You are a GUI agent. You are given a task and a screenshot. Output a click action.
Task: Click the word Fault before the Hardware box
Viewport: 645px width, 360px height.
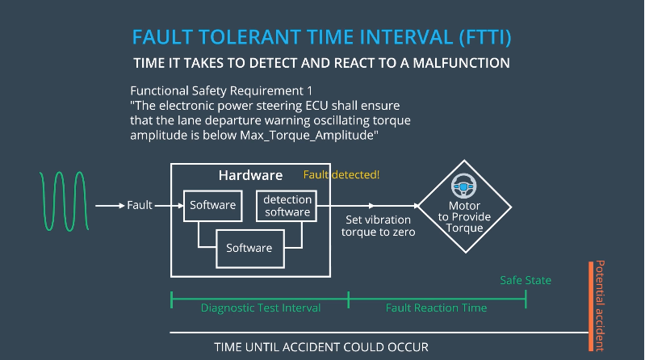(x=140, y=205)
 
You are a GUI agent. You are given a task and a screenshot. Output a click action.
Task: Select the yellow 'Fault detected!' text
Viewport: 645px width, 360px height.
(x=341, y=175)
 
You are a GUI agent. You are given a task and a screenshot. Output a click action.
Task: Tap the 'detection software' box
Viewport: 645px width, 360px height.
(x=287, y=206)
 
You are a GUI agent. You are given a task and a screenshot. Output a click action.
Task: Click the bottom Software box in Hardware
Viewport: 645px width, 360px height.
(x=249, y=247)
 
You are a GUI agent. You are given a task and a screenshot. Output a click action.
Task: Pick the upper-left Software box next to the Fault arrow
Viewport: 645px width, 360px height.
(x=212, y=205)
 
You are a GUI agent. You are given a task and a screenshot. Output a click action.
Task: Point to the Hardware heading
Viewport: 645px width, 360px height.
(x=250, y=175)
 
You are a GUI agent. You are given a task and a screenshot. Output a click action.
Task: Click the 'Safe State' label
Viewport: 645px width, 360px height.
(x=526, y=280)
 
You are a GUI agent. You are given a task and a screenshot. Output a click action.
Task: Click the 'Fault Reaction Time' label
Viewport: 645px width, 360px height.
(x=436, y=308)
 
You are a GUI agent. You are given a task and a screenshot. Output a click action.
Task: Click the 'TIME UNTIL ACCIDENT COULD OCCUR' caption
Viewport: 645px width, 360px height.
(x=321, y=347)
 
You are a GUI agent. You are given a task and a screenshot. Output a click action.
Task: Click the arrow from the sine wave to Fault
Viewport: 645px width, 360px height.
(x=109, y=206)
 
